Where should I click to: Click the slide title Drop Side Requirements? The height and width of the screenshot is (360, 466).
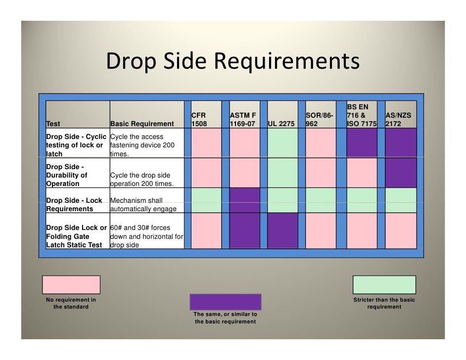pyautogui.click(x=232, y=62)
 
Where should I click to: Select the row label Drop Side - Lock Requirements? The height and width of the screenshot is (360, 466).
pyautogui.click(x=74, y=205)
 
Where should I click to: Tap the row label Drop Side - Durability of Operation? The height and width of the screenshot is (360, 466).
pyautogui.click(x=67, y=175)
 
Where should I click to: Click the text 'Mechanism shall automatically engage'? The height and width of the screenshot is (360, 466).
pyautogui.click(x=143, y=205)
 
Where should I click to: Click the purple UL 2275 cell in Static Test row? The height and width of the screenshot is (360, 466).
pyautogui.click(x=283, y=230)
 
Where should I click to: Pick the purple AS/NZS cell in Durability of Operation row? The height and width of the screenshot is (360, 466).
pyautogui.click(x=400, y=173)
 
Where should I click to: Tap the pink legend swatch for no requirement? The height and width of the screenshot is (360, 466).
pyautogui.click(x=71, y=285)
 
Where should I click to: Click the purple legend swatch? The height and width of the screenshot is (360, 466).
pyautogui.click(x=225, y=302)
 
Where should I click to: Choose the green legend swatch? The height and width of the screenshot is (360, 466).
pyautogui.click(x=384, y=285)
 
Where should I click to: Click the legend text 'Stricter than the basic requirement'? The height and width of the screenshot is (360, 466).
pyautogui.click(x=384, y=304)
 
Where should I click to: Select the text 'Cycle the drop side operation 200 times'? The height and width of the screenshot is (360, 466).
pyautogui.click(x=141, y=180)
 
